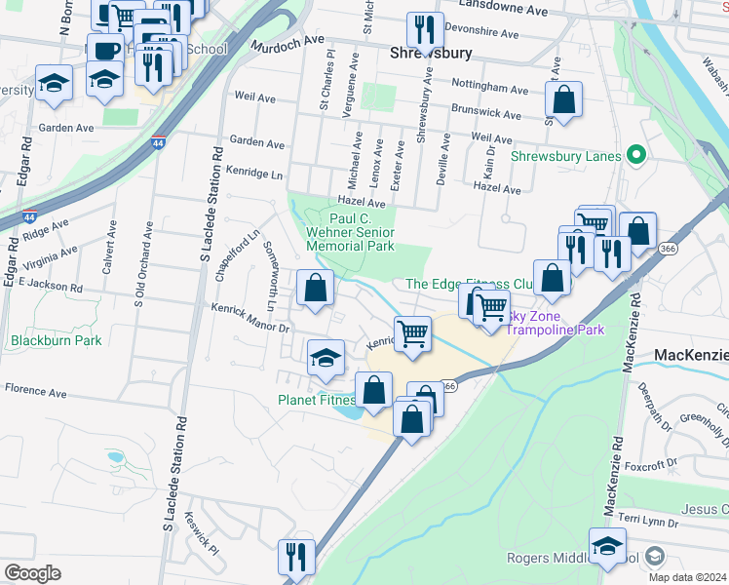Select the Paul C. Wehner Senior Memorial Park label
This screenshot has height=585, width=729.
(350, 233)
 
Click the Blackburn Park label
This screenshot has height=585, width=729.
(57, 341)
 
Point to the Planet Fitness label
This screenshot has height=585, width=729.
(317, 400)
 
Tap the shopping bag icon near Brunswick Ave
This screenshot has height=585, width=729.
(563, 98)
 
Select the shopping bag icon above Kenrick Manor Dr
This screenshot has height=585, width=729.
(315, 288)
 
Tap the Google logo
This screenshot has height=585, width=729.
(32, 573)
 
